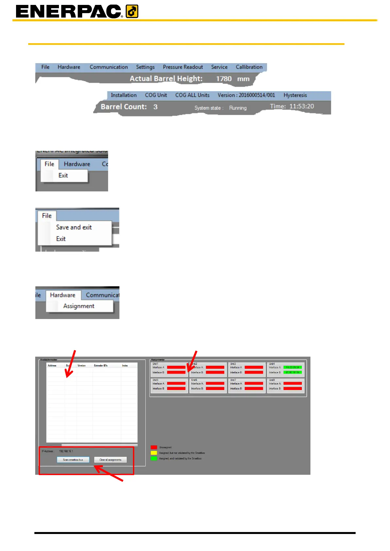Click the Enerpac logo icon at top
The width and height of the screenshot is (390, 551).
132,11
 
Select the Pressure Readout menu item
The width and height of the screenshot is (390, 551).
183,67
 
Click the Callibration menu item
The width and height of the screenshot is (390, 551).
249,67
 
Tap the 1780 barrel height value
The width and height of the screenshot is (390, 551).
224,79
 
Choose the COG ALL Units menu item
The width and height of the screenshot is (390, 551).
192,95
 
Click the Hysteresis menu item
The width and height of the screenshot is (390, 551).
295,95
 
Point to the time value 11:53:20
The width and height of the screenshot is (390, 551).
301,106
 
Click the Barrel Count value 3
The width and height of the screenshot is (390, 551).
155,107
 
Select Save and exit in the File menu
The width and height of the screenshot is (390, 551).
74,227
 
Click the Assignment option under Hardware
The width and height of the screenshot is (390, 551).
79,306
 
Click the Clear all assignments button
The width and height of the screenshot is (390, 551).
110,460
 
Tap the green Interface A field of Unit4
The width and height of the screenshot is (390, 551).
292,367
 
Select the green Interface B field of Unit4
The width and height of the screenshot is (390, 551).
292,372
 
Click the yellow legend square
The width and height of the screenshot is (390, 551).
154,453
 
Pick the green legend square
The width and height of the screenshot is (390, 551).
154,458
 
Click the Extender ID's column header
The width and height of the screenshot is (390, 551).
101,365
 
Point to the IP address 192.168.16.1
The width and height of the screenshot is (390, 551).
66,451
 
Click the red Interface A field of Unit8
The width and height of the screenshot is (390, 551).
292,383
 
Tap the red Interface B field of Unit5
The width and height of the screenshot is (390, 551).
176,389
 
